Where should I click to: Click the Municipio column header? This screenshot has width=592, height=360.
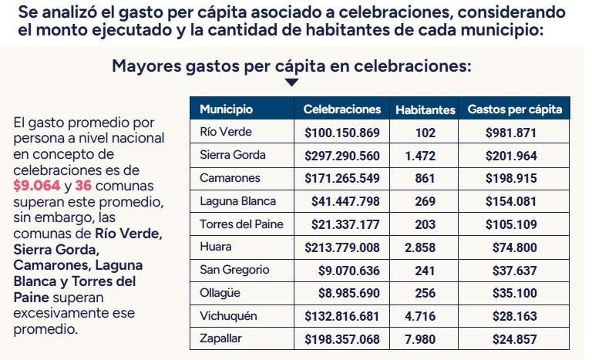pos(226,109)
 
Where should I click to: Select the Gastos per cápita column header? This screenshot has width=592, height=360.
pos(514,109)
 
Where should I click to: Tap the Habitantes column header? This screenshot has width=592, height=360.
pos(425,110)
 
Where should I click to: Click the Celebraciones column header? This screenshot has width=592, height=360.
pos(342,109)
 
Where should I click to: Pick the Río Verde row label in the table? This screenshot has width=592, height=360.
pos(226,133)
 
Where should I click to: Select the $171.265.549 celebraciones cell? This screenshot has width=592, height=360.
pos(342,178)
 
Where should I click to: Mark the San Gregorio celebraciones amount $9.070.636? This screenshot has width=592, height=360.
pos(349,271)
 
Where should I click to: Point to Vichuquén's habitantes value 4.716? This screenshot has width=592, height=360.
pos(420,316)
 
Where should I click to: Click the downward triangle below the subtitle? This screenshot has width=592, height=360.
pos(291,82)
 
